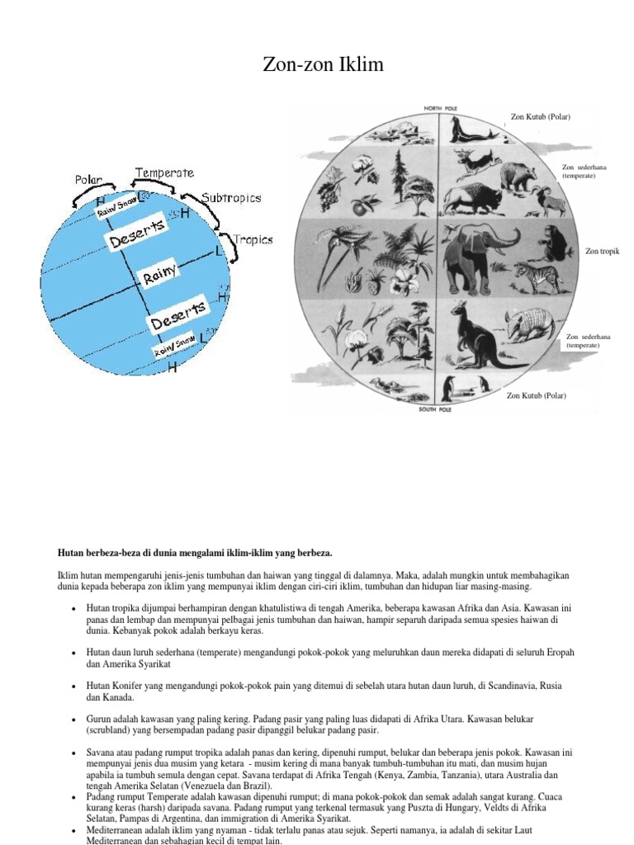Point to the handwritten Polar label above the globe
(x=89, y=179)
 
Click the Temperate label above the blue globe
(x=165, y=173)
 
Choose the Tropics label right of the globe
(x=253, y=240)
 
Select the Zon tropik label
(x=603, y=250)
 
